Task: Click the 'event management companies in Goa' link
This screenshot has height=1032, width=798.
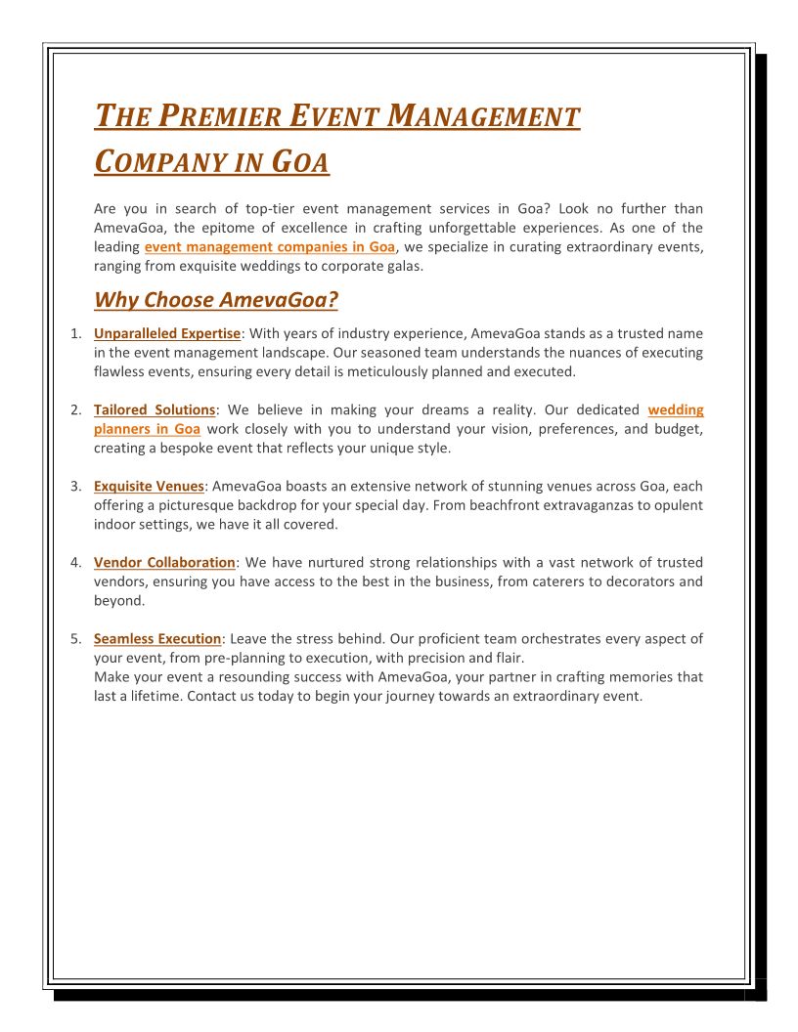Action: click(x=270, y=247)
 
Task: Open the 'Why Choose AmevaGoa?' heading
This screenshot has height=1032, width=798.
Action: click(x=216, y=299)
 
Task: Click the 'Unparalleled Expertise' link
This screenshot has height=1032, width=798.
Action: click(x=167, y=334)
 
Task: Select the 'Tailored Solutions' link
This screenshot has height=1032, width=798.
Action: click(x=155, y=410)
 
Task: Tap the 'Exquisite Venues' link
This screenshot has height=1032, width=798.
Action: click(x=150, y=487)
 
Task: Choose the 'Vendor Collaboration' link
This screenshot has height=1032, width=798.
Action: click(x=164, y=563)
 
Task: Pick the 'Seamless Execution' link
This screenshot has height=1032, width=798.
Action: click(x=157, y=639)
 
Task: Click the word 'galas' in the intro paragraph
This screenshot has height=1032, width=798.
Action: click(x=402, y=266)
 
